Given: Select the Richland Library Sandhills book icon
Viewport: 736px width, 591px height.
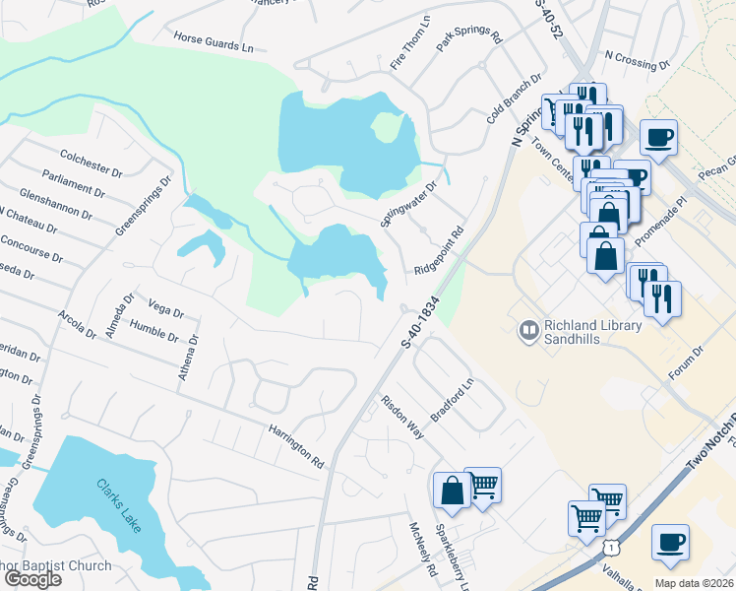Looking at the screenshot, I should (529, 330).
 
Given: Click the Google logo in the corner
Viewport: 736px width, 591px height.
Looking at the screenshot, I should (32, 579).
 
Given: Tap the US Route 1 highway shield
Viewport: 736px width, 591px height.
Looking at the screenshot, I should (611, 545).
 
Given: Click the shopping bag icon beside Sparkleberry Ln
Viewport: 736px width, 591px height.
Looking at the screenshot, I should (452, 490).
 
